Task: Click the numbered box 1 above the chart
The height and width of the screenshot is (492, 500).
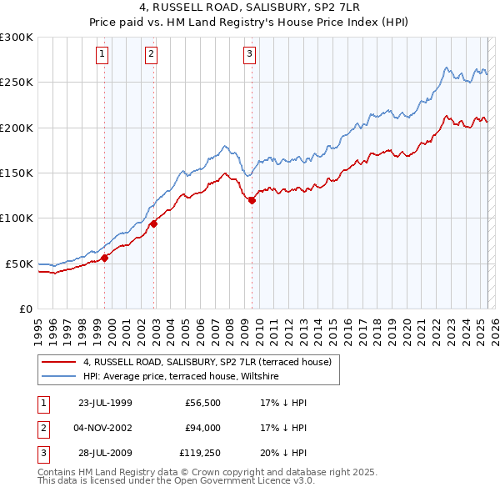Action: click(x=102, y=55)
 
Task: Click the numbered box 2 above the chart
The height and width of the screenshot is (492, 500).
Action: click(x=151, y=55)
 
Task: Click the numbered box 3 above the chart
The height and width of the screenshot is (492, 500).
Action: click(x=249, y=55)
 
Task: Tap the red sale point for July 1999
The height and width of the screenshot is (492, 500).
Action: click(x=105, y=258)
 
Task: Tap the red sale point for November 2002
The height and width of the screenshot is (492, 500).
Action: click(x=154, y=223)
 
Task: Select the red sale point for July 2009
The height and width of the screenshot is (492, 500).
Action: click(x=252, y=200)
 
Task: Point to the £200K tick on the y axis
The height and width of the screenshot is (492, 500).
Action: click(x=17, y=128)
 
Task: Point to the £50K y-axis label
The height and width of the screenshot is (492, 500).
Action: click(x=19, y=264)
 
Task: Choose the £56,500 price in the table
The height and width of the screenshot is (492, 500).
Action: click(x=202, y=403)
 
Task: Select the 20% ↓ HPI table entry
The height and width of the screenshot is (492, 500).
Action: click(x=283, y=454)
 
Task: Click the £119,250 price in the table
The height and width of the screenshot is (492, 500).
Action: click(x=200, y=454)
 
